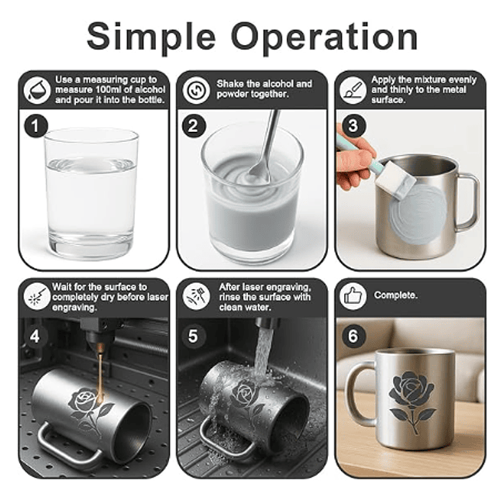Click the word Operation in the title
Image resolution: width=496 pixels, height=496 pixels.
tap(325, 36)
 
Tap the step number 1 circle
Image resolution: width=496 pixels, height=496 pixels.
tap(36, 126)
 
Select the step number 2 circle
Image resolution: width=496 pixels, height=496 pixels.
tap(194, 126)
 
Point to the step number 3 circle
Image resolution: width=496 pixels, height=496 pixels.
tap(353, 126)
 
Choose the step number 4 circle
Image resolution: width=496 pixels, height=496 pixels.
tap(35, 336)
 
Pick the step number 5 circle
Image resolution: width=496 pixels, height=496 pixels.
tap(193, 336)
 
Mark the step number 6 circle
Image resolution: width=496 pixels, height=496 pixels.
tap(353, 336)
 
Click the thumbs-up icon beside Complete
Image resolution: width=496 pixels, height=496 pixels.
tap(353, 296)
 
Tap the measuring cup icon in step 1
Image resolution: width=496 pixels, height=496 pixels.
tap(37, 90)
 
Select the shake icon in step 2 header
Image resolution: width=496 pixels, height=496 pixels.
tap(196, 90)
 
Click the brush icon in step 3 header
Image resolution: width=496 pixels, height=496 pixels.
tap(353, 90)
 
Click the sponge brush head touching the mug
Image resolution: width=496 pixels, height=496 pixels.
tap(395, 181)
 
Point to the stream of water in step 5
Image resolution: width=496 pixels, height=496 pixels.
tap(262, 354)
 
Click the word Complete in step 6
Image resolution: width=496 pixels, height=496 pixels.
tap(396, 295)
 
